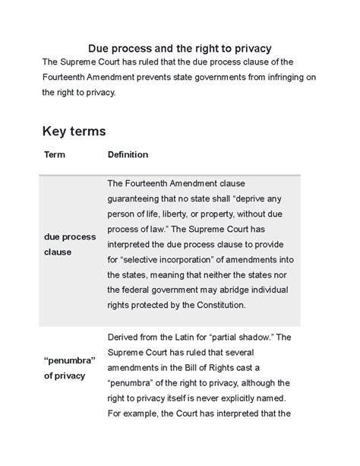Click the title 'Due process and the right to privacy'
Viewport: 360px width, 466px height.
(x=180, y=48)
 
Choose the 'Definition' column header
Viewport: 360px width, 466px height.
(x=128, y=154)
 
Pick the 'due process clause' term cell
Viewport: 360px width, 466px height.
(x=69, y=244)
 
